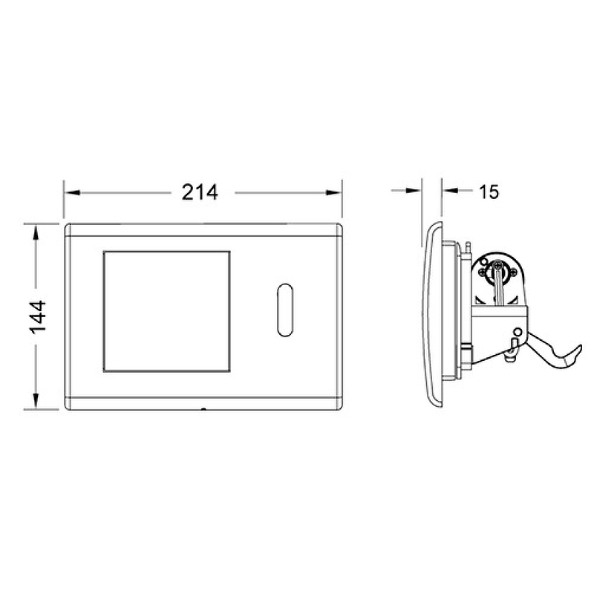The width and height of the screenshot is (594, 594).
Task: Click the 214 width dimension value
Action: [200, 192]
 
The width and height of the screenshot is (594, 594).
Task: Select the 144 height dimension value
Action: [38, 317]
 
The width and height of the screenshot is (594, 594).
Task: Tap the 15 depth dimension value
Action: [489, 192]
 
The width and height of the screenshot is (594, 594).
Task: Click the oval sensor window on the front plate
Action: [285, 310]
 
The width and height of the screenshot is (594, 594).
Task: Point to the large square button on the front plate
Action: [166, 311]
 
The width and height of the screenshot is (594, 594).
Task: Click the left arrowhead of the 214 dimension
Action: [73, 193]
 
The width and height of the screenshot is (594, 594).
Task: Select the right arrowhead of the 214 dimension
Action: [333, 193]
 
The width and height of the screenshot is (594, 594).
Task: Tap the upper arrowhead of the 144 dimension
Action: [36, 232]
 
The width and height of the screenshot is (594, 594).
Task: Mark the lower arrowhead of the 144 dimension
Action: [36, 401]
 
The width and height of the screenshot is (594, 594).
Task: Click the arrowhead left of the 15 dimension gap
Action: [414, 190]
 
